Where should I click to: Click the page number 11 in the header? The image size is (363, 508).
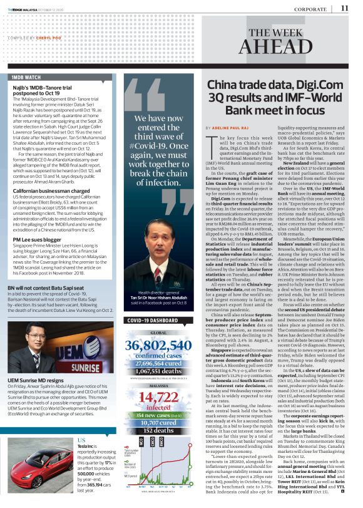click(x=345, y=8)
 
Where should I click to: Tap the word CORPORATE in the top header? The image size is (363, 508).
click(x=311, y=9)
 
